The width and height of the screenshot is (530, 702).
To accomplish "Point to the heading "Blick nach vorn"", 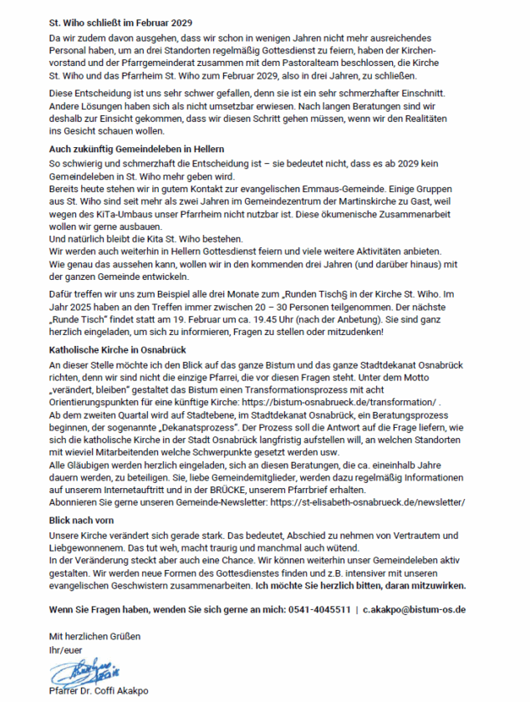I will [82, 520].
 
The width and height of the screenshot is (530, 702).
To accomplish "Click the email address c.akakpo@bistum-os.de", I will [415, 610].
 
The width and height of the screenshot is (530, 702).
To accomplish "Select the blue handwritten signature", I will [84, 669].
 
